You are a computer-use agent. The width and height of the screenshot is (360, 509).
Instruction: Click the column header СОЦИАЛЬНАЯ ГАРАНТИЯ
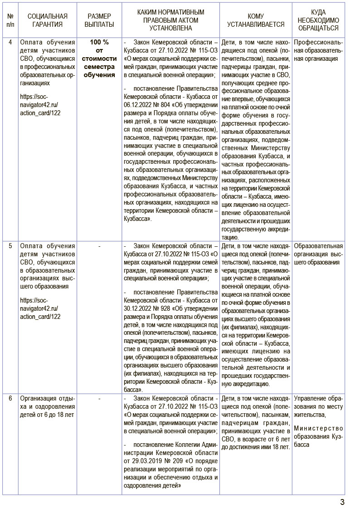44,20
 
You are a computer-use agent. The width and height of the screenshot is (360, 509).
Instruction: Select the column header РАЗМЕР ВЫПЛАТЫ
99,20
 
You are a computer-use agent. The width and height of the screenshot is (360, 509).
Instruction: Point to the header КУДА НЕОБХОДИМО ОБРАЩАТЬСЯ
318,20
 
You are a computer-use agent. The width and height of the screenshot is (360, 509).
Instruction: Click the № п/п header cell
10,20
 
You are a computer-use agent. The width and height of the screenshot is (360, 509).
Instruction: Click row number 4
10,42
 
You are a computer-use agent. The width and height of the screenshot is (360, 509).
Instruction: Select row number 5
10,246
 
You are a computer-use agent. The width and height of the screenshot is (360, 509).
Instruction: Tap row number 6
10,399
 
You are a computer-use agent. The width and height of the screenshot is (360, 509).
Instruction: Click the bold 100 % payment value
99,42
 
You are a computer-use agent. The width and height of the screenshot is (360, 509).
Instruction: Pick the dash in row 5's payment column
99,246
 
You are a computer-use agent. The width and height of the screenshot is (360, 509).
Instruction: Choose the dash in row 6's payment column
99,399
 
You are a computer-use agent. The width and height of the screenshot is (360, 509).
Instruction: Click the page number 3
342,502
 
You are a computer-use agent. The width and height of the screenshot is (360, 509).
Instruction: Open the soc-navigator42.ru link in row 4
40,105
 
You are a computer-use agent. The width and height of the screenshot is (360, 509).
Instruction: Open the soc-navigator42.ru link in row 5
40,308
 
